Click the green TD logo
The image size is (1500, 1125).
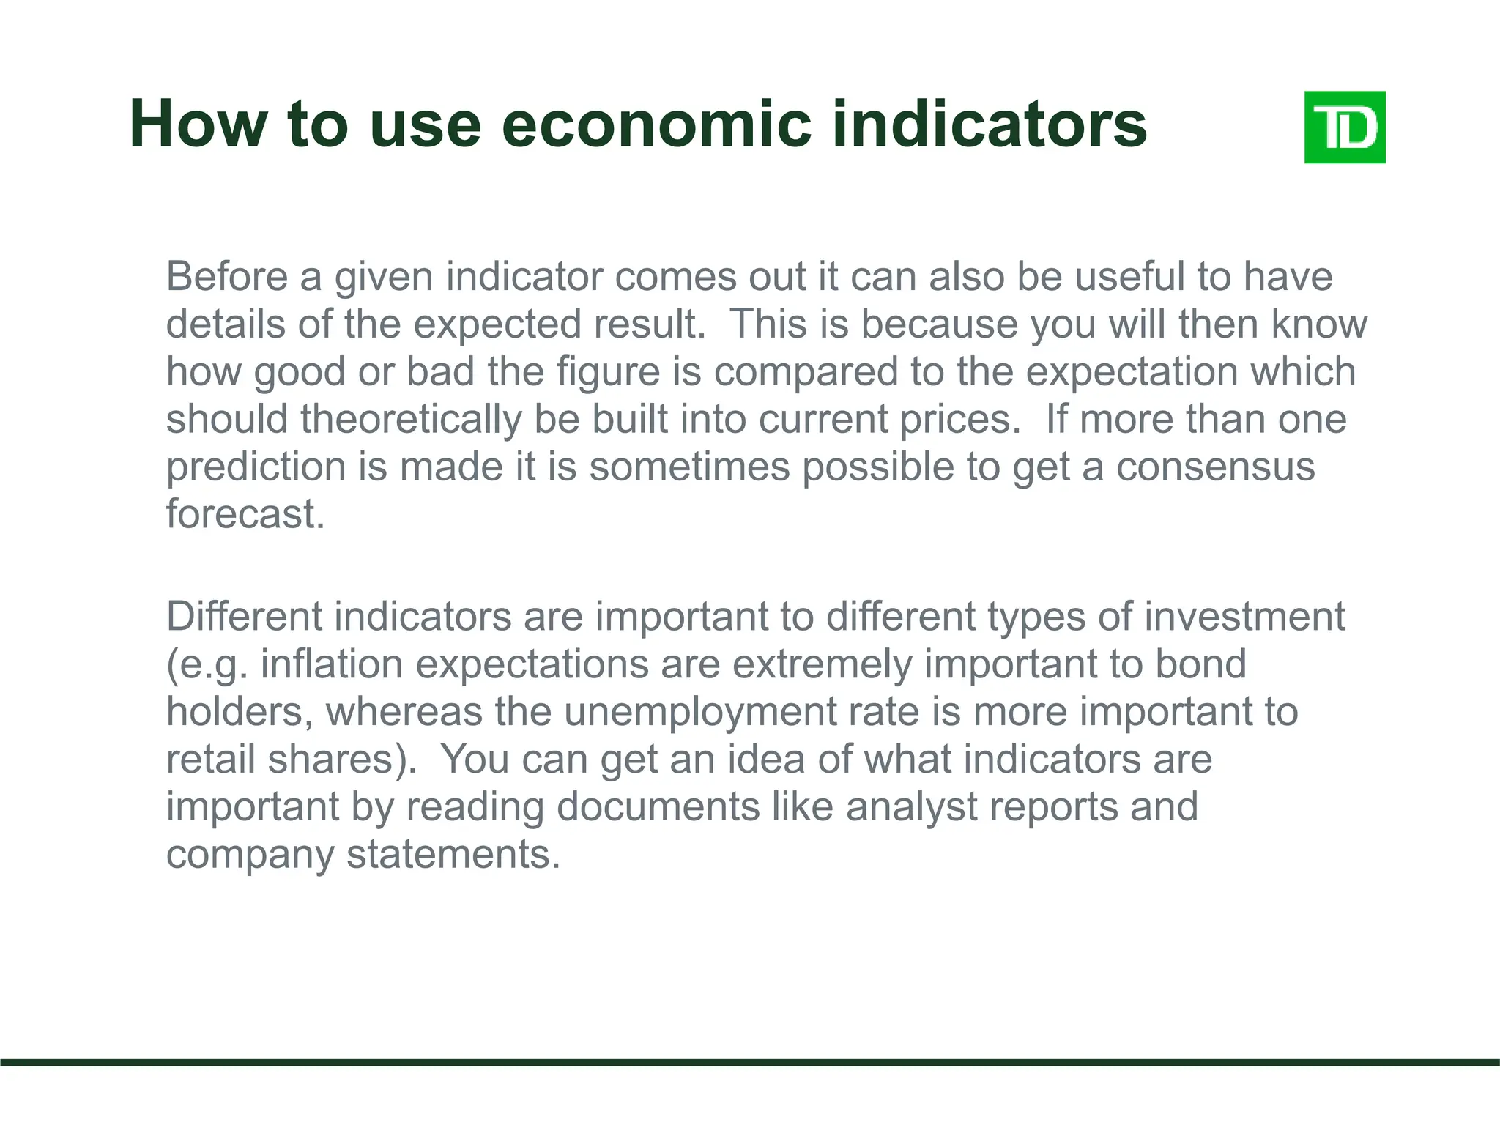tap(1345, 127)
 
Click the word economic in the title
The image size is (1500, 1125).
tap(657, 125)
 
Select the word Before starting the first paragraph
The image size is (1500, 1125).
tap(227, 277)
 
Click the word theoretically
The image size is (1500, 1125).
tap(411, 420)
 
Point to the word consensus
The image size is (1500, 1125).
tap(1215, 467)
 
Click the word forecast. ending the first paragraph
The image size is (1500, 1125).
tap(245, 514)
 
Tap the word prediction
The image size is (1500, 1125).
tap(256, 467)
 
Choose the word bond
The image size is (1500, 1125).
tap(1200, 664)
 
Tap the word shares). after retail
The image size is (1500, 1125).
tap(342, 760)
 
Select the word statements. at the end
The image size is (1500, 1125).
tap(453, 855)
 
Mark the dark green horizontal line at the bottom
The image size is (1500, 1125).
tap(750, 1062)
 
